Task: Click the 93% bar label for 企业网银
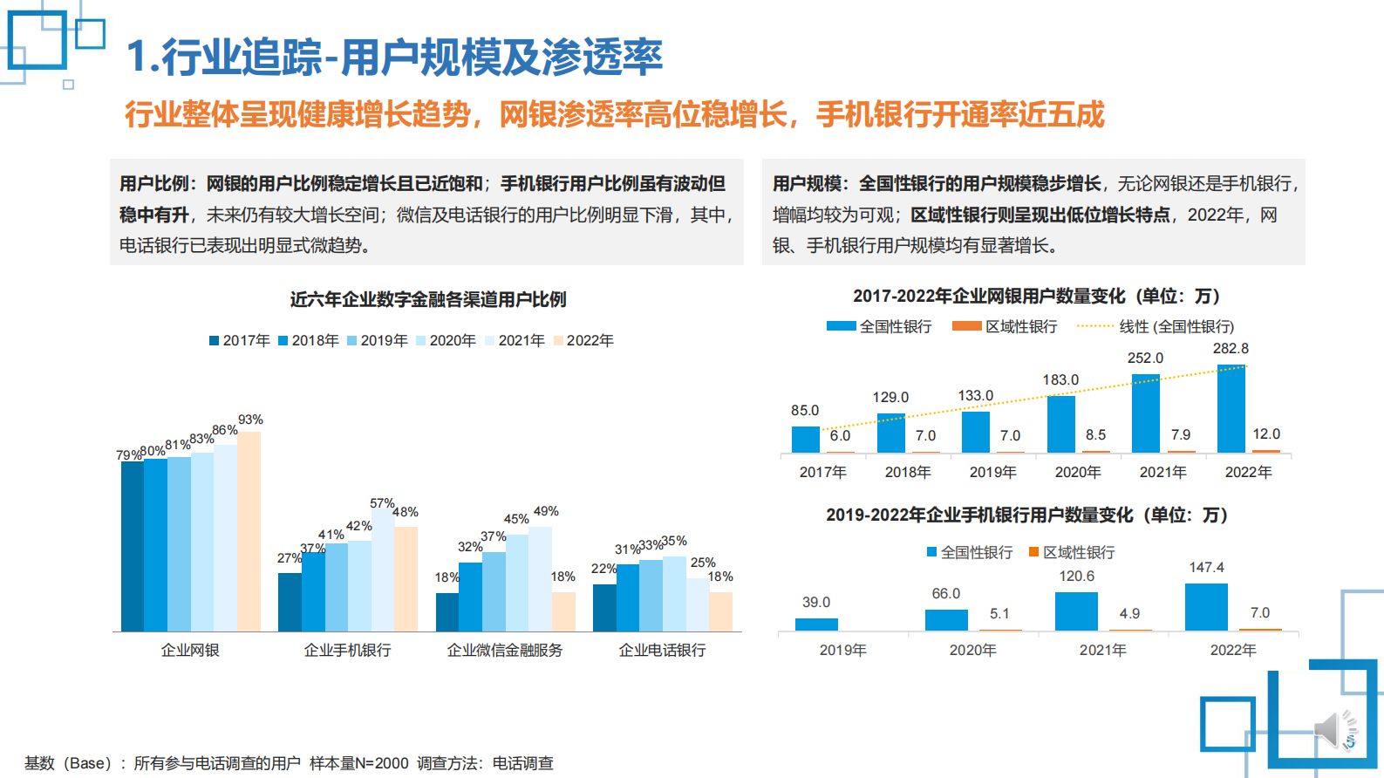click(x=250, y=420)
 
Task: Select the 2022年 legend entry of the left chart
click(x=583, y=340)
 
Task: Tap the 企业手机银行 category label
click(x=347, y=650)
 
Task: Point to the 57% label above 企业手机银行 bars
click(x=381, y=503)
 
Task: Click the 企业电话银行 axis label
click(x=662, y=650)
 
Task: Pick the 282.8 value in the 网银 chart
click(x=1231, y=348)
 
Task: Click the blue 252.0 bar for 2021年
click(x=1145, y=413)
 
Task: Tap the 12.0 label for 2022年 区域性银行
click(x=1266, y=433)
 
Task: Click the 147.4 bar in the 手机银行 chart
click(x=1206, y=607)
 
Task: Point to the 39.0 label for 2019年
click(x=816, y=602)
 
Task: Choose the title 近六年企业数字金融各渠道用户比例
click(x=427, y=299)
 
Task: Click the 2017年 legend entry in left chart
click(x=240, y=340)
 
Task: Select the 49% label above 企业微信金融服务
click(x=546, y=511)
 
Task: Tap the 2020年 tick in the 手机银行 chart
click(x=972, y=650)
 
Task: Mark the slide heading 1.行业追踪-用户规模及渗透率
click(x=394, y=57)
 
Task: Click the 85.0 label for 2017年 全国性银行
click(x=805, y=410)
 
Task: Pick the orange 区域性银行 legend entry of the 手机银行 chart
click(x=1072, y=552)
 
